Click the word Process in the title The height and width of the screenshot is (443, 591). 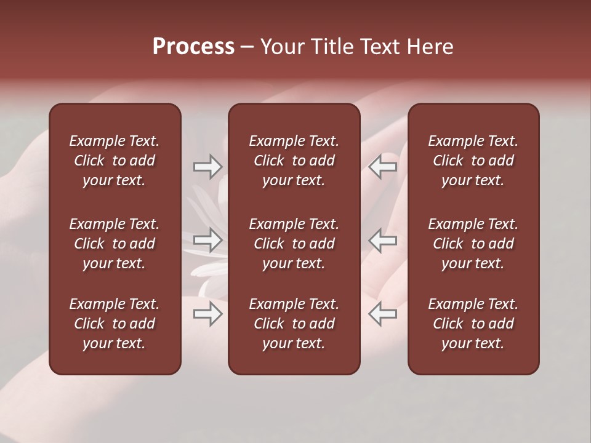(193, 47)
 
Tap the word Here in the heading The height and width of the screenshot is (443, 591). (430, 47)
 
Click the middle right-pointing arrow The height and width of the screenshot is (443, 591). (208, 240)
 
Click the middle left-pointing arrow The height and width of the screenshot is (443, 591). (383, 240)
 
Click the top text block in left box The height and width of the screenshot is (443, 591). (115, 161)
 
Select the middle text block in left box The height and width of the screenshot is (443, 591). (115, 244)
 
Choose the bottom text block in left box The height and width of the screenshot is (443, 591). (115, 324)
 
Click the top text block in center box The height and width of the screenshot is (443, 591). (294, 161)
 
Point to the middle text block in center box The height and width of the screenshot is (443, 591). (294, 244)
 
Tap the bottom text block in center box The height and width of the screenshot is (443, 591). (294, 324)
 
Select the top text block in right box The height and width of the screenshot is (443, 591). (473, 161)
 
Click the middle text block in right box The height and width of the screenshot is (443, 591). (473, 244)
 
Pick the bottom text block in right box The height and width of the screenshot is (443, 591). (473, 324)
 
